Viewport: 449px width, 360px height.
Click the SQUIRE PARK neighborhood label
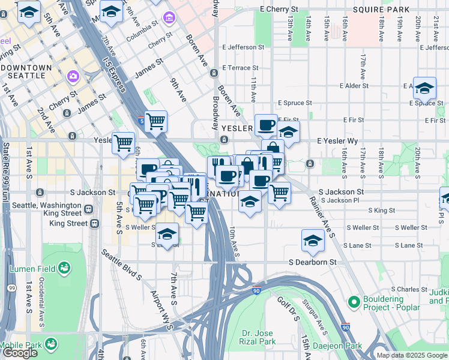(381, 10)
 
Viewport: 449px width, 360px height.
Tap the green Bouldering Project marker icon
(354, 301)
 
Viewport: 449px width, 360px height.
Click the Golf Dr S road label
(286, 307)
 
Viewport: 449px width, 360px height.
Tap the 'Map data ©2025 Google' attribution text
(411, 355)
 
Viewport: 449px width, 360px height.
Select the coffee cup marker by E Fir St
(267, 125)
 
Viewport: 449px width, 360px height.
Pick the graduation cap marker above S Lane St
(313, 241)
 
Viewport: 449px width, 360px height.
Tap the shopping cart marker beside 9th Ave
(156, 121)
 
